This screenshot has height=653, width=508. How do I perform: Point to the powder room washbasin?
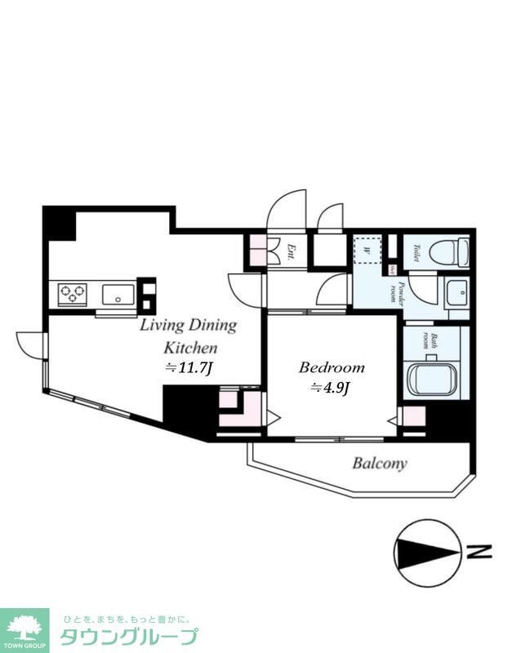tap(456, 291)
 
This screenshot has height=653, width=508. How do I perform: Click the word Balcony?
tap(379, 464)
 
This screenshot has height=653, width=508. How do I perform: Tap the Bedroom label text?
tap(331, 367)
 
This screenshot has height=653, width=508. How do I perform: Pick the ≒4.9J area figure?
tap(330, 389)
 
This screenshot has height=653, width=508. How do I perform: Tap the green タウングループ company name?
tap(128, 637)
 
